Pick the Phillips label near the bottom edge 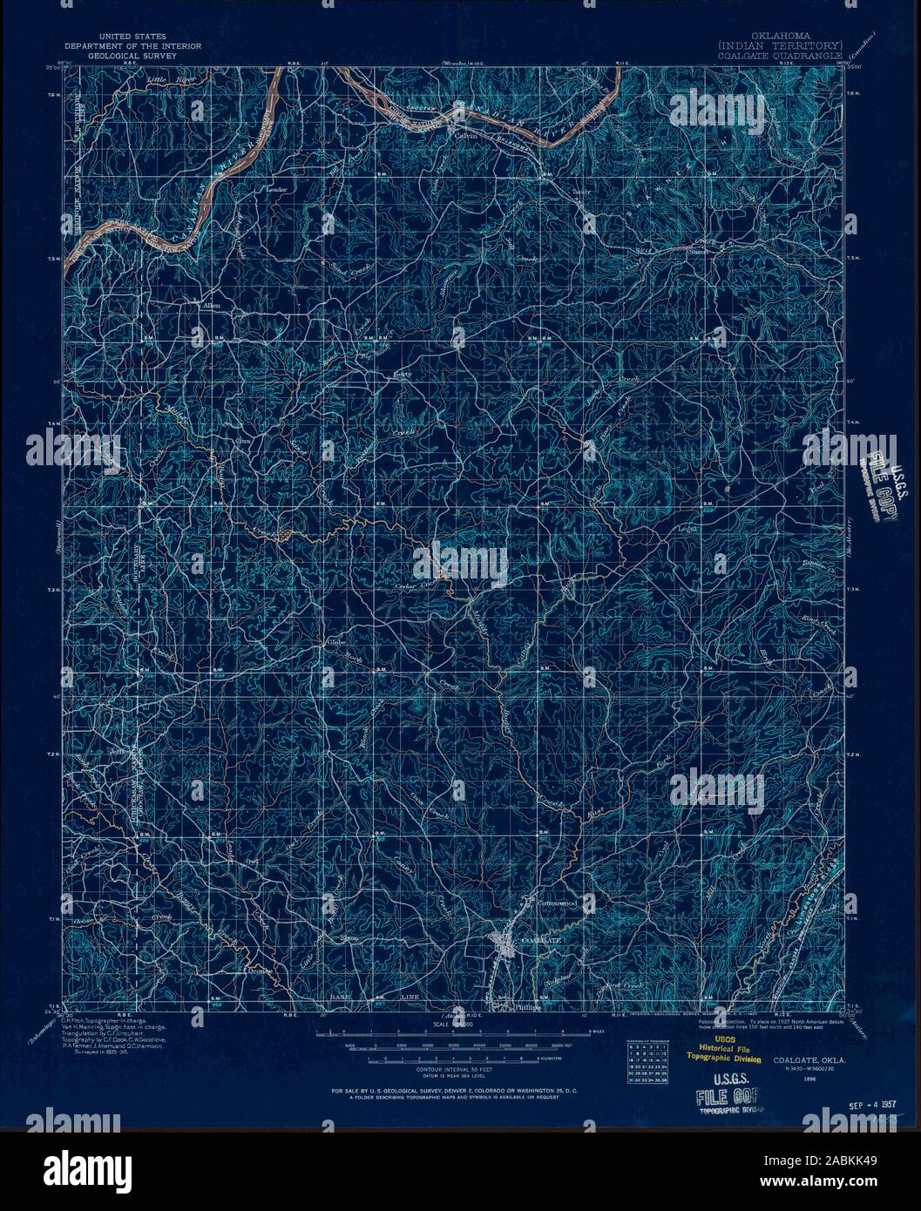pyautogui.click(x=529, y=1007)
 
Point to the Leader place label pyautogui.click(x=276, y=189)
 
